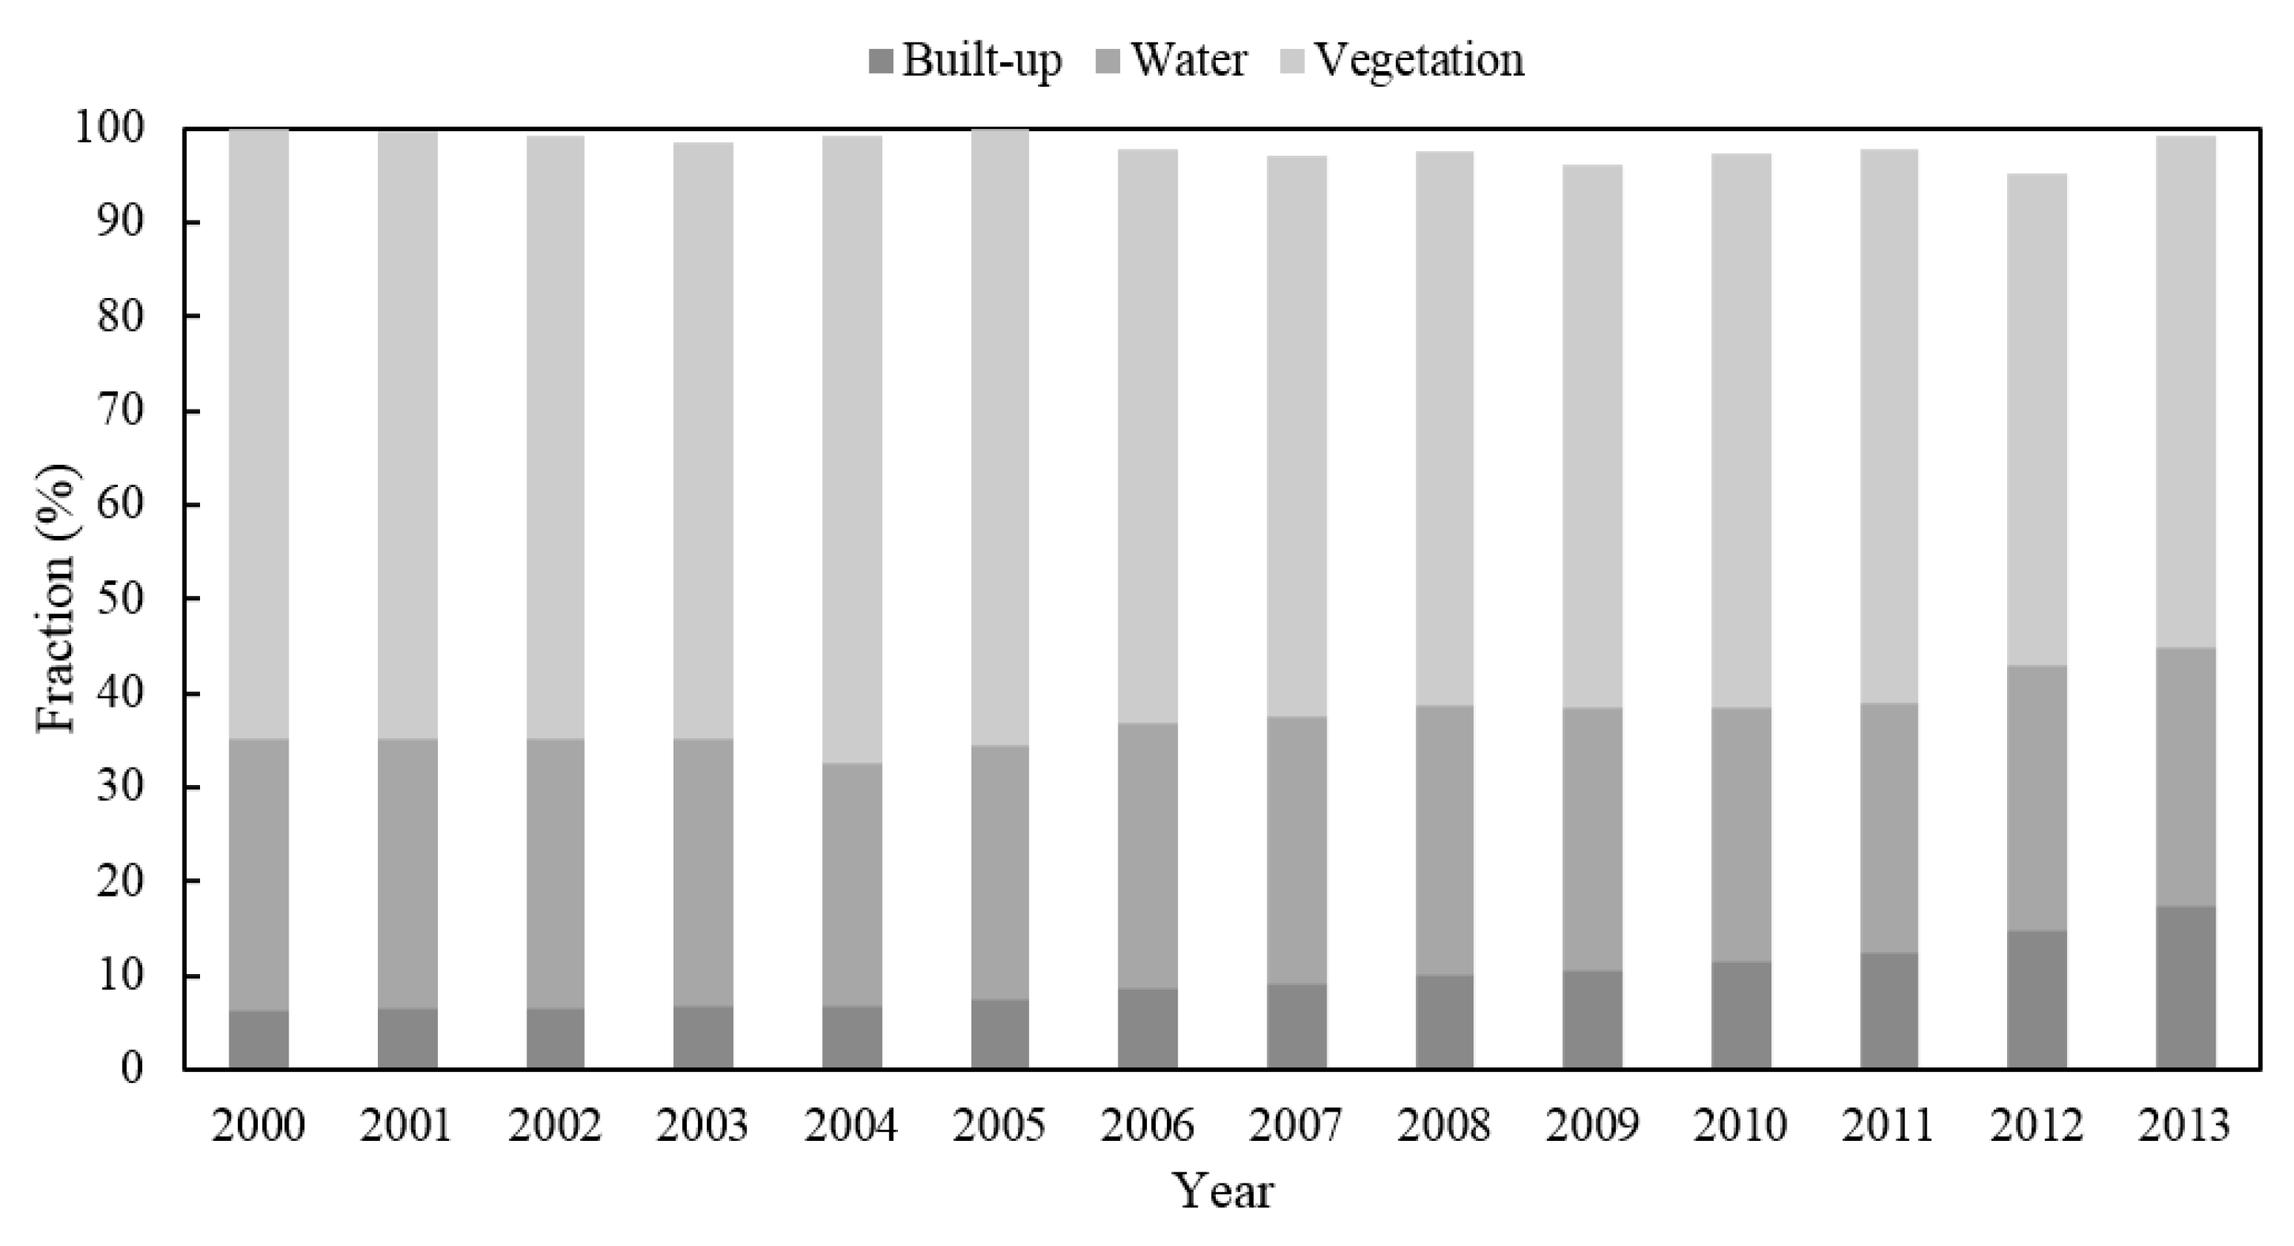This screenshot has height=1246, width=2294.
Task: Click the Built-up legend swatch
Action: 881,62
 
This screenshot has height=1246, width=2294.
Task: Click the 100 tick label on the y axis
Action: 108,129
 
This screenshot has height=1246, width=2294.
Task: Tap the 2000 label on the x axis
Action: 258,1125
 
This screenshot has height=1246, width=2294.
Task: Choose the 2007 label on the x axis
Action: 1296,1125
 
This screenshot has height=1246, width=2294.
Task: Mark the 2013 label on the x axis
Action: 2184,1125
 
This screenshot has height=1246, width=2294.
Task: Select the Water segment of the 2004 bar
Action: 851,885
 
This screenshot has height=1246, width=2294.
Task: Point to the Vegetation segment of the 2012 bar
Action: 2036,418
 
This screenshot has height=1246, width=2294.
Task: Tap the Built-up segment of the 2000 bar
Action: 258,1040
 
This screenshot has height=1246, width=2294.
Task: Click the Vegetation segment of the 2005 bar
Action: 1000,436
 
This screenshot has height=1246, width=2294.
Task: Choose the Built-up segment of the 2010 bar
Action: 1741,1015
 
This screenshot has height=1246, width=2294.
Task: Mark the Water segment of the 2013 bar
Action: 2186,776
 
